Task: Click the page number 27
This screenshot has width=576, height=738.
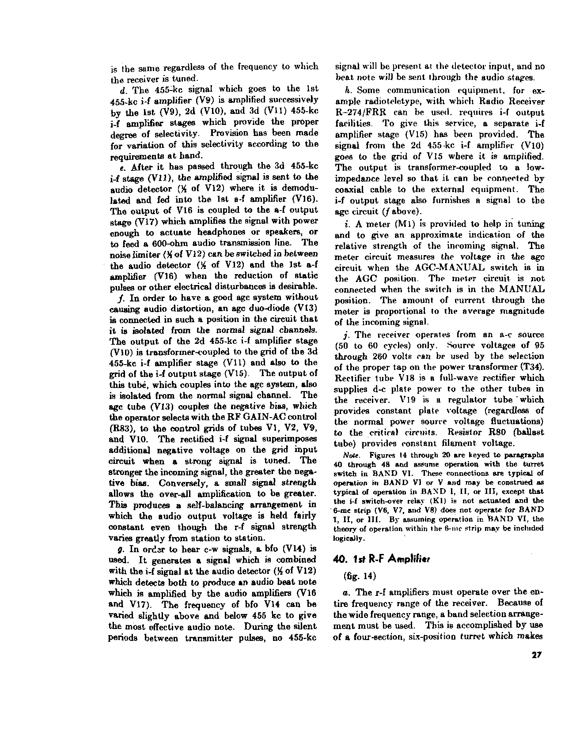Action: click(537, 655)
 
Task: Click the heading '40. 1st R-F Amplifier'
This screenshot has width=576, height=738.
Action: click(382, 559)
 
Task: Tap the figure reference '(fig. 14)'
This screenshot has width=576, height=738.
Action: click(357, 576)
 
